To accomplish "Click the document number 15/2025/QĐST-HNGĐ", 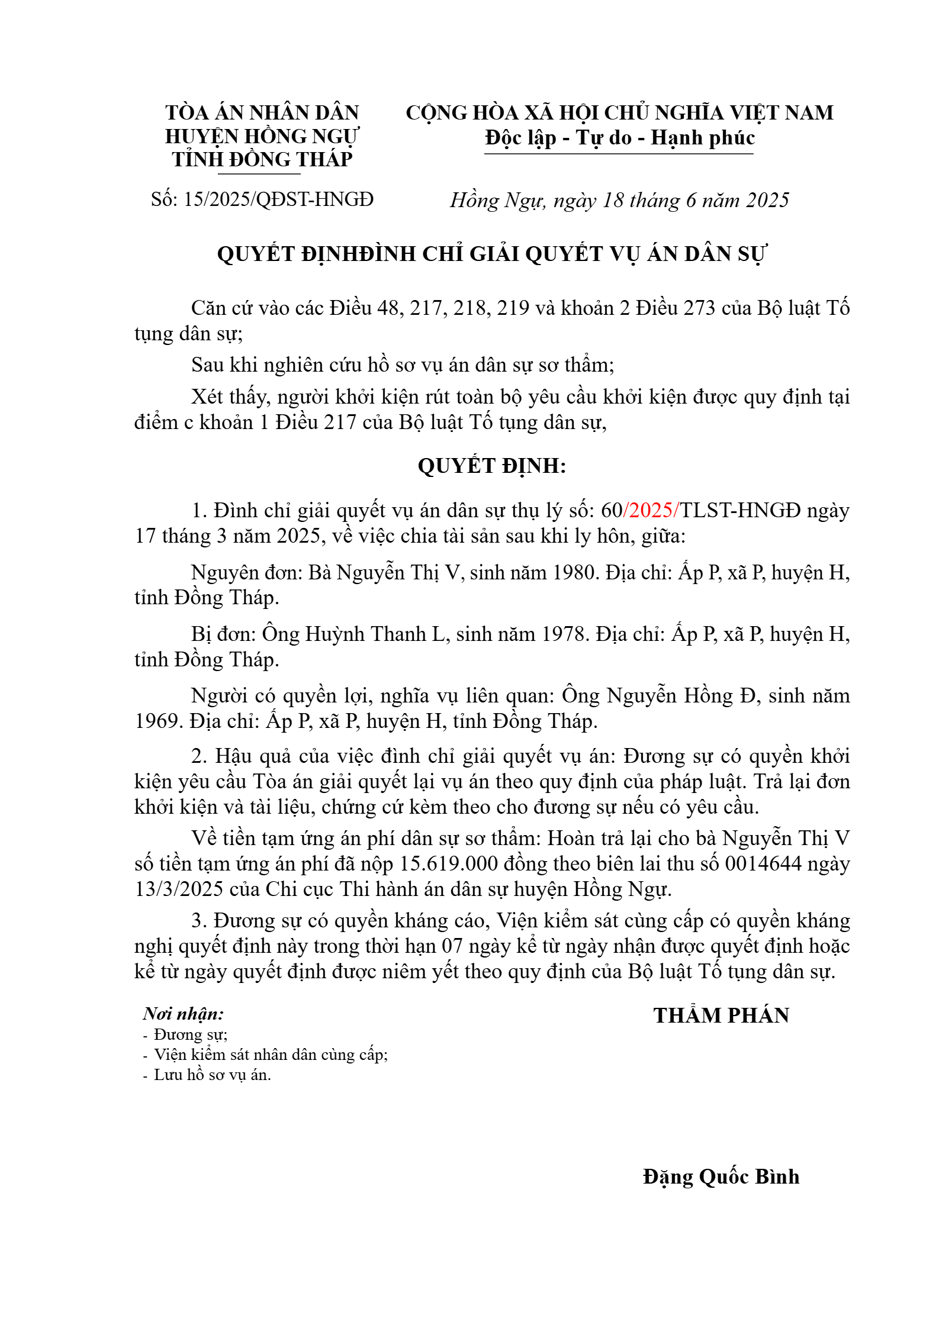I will point(278,199).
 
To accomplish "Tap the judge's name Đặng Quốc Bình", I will point(721,1176).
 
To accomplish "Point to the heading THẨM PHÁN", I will point(721,1016).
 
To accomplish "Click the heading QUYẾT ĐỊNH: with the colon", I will point(491,466).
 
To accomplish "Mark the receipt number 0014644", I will point(763,863).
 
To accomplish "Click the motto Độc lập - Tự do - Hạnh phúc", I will point(620,138).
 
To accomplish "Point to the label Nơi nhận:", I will point(183,1014).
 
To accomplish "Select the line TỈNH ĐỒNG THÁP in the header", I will point(262,159).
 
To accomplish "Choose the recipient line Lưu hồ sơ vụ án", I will point(212,1075).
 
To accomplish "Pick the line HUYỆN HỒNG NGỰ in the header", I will point(262,136).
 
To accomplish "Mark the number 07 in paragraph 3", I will point(452,946).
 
